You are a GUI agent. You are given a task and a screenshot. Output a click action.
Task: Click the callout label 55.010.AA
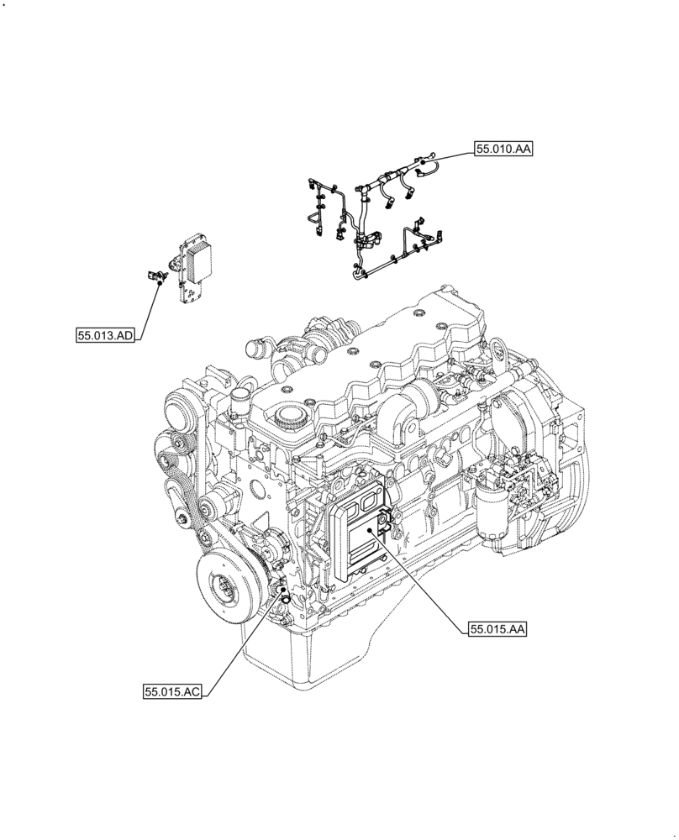503,150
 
